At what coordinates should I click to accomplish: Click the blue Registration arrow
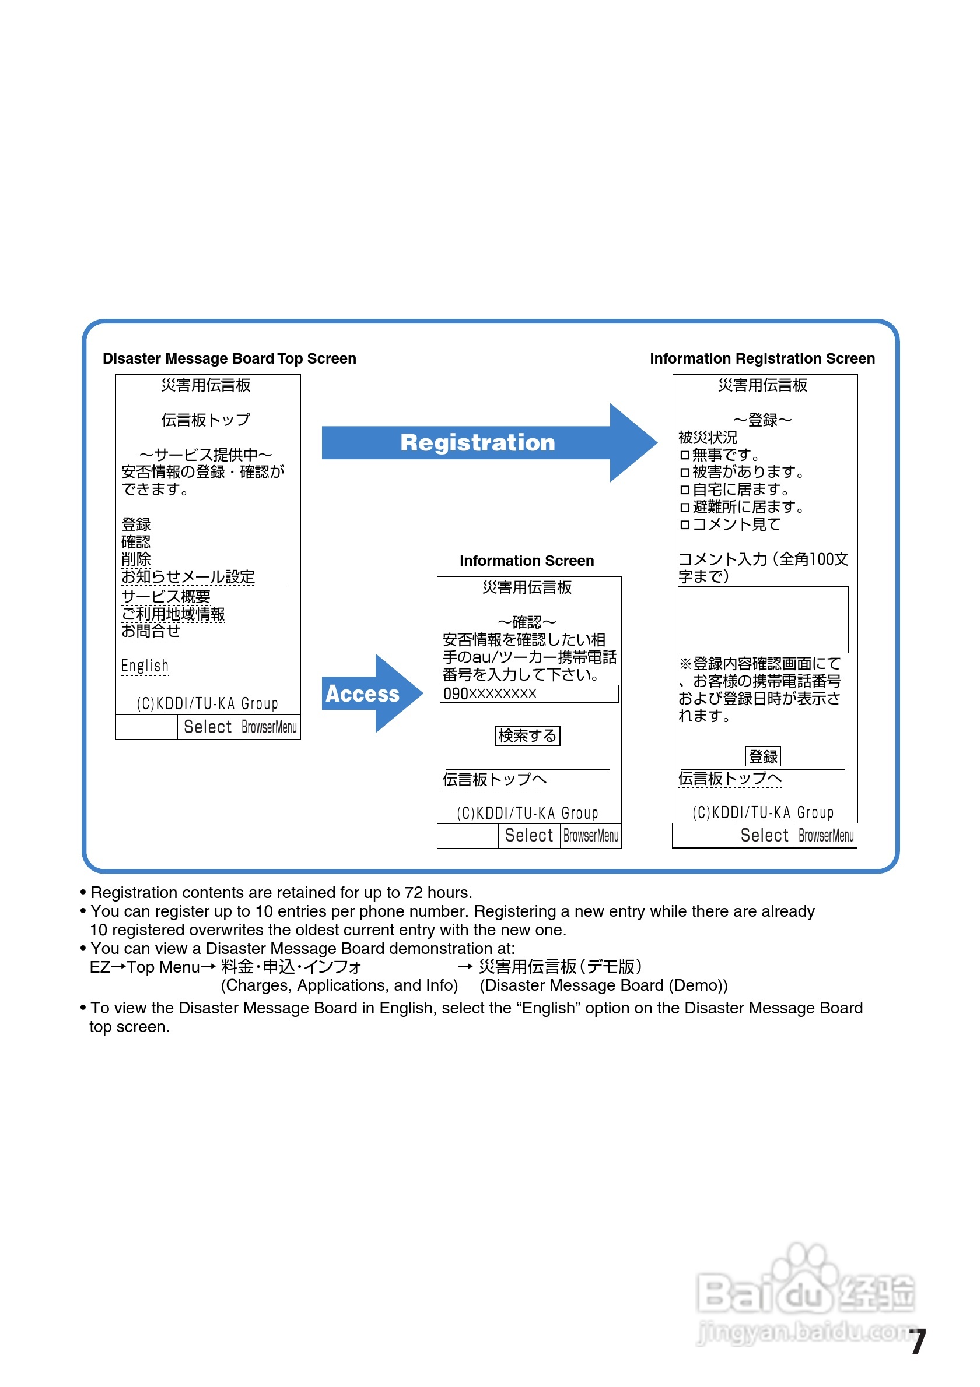coord(478,443)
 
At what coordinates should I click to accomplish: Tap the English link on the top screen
coord(145,666)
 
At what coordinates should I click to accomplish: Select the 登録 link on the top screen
coord(136,524)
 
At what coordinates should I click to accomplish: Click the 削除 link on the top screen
coord(136,559)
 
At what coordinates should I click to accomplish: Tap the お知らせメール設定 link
coord(188,576)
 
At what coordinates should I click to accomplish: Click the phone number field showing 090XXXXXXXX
coord(529,693)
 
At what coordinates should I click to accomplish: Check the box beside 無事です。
coord(684,455)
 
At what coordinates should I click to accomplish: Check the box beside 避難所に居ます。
coord(684,508)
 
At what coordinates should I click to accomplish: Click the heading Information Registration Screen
coord(762,359)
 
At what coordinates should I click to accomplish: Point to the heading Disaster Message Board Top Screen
coord(229,359)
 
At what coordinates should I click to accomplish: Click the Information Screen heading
coord(527,561)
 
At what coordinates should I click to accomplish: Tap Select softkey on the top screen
coord(207,727)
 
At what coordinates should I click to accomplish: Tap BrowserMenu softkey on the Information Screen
coord(591,836)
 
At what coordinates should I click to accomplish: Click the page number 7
coord(918,1342)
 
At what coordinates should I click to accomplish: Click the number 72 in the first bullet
coord(414,892)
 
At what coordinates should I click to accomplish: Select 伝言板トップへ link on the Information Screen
coord(494,779)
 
